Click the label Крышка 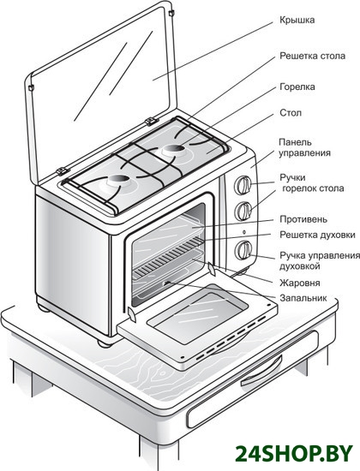point(297,21)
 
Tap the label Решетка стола point(313,56)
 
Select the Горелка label point(297,87)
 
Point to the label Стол point(291,113)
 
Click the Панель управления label point(304,147)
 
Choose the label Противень point(303,219)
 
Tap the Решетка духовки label point(317,235)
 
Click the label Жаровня point(299,283)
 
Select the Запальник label point(303,298)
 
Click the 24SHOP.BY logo point(293,453)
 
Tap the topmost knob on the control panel point(243,185)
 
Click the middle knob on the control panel point(243,212)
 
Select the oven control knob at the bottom point(243,250)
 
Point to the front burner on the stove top point(118,182)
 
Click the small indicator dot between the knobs point(244,231)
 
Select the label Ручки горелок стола point(312,183)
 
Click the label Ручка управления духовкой point(320,260)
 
